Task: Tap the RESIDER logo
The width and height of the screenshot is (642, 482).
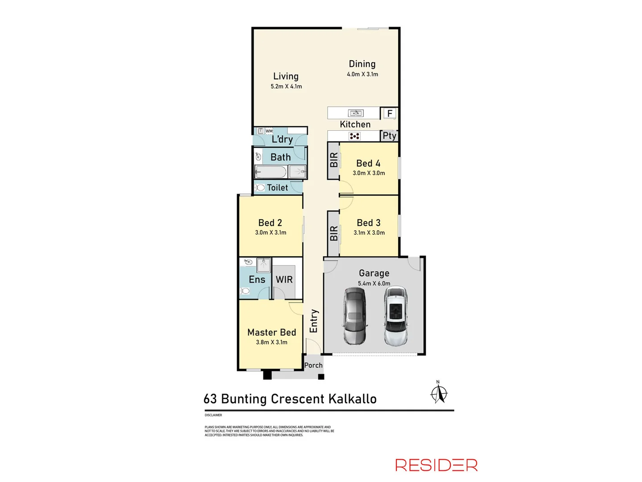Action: pos(436,465)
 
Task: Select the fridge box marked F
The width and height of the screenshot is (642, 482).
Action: pos(390,113)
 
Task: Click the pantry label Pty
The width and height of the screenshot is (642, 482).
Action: pos(389,136)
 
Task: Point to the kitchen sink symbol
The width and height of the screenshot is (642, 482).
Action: pos(355,113)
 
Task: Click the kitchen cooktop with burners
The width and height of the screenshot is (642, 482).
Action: pos(354,136)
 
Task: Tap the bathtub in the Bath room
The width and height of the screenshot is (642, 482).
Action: pos(271,172)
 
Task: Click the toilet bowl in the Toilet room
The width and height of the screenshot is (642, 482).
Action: pos(260,188)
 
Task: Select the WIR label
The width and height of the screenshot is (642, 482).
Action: pos(284,279)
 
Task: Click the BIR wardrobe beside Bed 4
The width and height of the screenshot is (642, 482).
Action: pos(333,160)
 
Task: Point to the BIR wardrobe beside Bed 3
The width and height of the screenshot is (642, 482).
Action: pos(333,233)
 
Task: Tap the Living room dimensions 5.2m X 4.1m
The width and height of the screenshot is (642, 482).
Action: pos(286,87)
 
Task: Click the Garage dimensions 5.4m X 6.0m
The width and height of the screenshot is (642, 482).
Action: pos(374,283)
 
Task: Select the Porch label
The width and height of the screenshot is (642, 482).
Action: pos(313,365)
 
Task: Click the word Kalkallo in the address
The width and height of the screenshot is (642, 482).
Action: pos(352,399)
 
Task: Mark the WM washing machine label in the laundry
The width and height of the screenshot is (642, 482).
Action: pos(269,131)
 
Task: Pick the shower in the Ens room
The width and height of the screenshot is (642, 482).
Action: pos(263,264)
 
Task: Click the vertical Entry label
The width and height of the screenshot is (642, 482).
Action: pos(314,321)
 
